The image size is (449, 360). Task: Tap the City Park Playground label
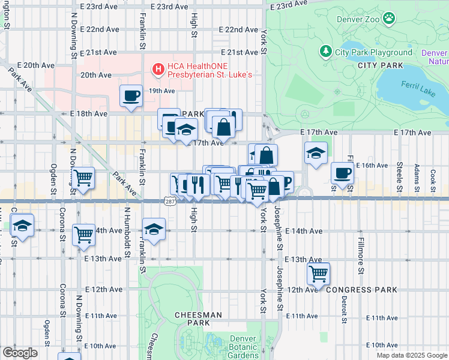[373, 52]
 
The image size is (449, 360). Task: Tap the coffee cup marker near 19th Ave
[131, 96]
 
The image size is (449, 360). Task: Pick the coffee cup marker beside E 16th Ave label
[343, 174]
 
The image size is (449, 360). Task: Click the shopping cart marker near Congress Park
[318, 274]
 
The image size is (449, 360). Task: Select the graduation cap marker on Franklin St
[154, 230]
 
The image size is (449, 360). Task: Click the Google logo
[20, 353]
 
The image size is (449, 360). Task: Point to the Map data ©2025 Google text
[411, 355]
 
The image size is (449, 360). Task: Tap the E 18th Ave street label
[88, 113]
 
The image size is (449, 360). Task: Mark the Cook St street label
[433, 179]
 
